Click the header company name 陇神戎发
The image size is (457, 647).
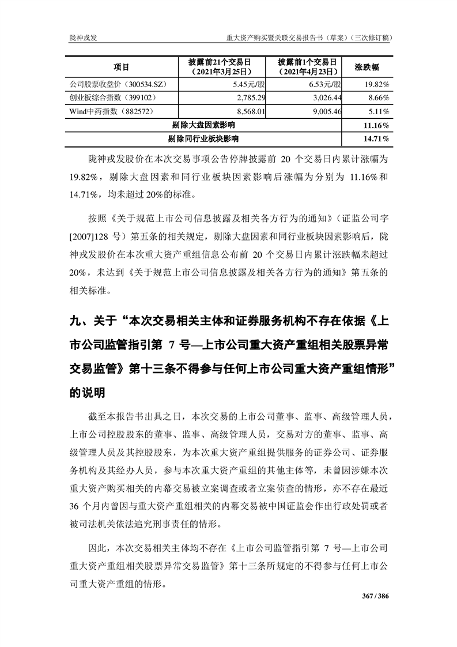[80, 37]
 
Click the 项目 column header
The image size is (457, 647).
[121, 67]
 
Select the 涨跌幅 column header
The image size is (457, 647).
[366, 67]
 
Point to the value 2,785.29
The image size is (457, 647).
[250, 97]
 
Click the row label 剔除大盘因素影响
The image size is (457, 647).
[203, 125]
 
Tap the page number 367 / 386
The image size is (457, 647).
[376, 596]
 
